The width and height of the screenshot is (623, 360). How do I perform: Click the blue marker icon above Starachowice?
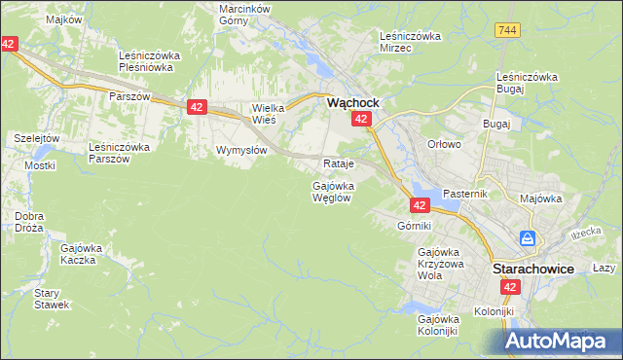click(x=528, y=237)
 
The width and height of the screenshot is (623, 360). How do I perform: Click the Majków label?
click(x=35, y=18)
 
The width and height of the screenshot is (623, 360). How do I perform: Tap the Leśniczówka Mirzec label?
click(x=410, y=42)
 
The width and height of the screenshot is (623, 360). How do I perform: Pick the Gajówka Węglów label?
click(x=332, y=191)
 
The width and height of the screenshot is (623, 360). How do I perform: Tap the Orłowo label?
click(x=443, y=144)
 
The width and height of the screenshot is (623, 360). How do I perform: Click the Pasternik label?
click(x=463, y=195)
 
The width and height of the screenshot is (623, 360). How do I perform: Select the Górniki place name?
click(x=414, y=226)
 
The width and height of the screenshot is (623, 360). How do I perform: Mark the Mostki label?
click(x=40, y=165)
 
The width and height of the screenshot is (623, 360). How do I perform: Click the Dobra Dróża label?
click(x=29, y=222)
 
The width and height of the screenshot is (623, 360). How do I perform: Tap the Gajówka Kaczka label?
click(x=81, y=255)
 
